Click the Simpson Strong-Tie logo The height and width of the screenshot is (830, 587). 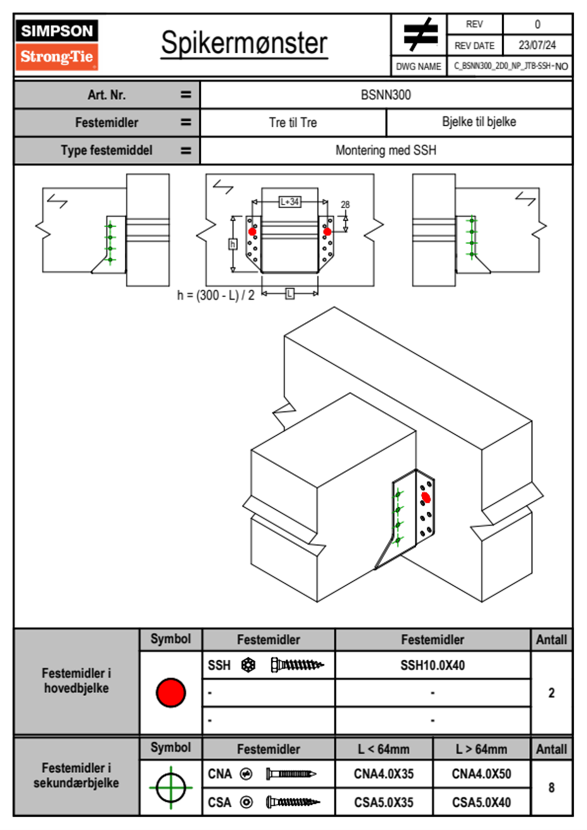57,45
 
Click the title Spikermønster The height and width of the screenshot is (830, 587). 244,43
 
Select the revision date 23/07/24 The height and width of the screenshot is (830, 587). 537,45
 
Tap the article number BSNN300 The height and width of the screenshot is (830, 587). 386,95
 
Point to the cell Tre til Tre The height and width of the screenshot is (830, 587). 293,122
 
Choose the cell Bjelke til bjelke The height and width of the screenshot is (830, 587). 479,122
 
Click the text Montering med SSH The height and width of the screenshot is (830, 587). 386,150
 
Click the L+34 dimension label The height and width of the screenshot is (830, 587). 290,202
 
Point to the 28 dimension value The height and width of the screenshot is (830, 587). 345,204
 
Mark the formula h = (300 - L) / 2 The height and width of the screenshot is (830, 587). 216,295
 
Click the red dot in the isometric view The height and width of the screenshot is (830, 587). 426,498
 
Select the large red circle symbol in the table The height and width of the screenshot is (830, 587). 171,692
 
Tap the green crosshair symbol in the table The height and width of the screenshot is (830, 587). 171,788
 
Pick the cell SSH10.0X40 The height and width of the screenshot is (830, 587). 433,665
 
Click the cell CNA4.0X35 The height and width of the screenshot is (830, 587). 384,774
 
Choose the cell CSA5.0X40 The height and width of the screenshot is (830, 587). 481,802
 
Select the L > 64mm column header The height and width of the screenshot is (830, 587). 481,749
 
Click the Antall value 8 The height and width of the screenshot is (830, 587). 551,788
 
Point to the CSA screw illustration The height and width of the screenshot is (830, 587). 293,802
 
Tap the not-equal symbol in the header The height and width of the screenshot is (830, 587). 419,35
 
